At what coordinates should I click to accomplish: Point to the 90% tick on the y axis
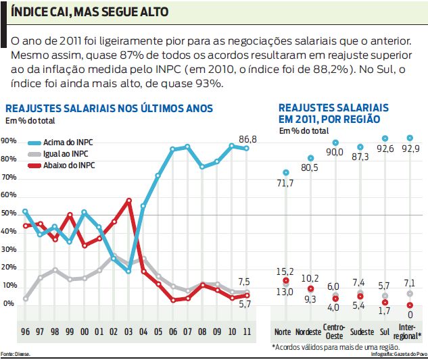tap(9, 141)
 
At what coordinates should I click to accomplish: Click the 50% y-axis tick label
tap(9, 213)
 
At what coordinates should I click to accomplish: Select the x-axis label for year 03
tap(128, 332)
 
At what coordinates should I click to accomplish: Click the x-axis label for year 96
tap(26, 332)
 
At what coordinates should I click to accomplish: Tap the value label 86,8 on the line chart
tap(248, 139)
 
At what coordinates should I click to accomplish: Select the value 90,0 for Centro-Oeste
tap(335, 153)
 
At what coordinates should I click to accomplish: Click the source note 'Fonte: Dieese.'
tap(16, 354)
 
